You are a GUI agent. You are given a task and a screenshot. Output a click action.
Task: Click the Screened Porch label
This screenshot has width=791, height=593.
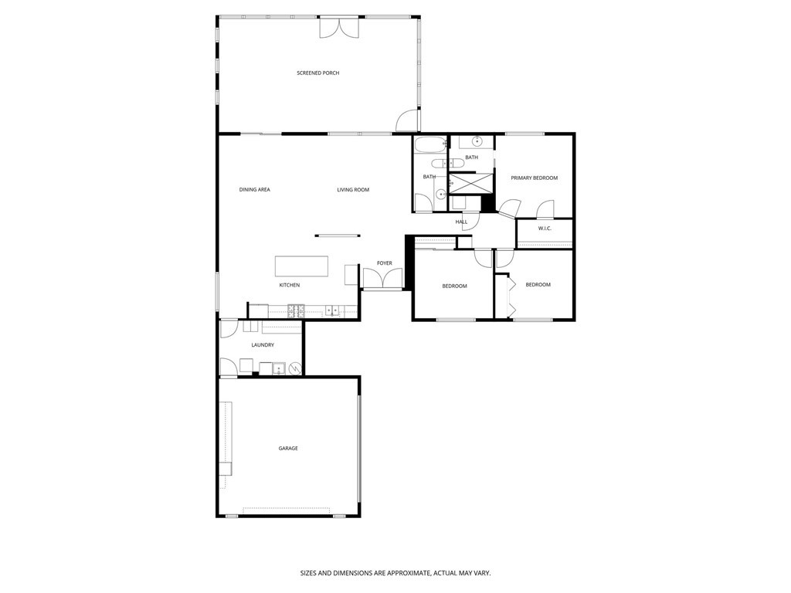coord(318,73)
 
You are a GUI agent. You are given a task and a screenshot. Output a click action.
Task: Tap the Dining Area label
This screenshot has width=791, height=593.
coord(254,189)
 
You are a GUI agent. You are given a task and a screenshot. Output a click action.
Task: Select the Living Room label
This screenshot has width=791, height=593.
coord(353,189)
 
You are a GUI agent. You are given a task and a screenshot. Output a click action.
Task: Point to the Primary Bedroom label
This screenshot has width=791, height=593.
coord(534,178)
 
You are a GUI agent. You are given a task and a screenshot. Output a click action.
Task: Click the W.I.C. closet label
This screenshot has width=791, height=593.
coord(545,229)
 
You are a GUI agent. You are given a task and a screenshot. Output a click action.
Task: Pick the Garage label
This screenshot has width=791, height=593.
coord(288,448)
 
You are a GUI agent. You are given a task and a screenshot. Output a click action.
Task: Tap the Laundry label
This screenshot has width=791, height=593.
coord(263,345)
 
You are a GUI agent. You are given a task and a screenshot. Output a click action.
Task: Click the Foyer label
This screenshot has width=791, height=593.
coord(384,263)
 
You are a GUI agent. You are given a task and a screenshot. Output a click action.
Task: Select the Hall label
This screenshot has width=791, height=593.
coord(461,222)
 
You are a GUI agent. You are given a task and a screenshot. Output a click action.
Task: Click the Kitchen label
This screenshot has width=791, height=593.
coord(290,285)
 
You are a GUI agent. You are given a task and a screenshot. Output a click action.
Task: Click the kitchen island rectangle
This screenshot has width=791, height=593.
coord(301,266)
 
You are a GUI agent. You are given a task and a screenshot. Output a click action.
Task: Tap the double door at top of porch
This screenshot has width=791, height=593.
coord(340,27)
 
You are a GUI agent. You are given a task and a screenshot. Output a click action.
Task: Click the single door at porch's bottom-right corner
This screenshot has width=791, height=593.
coord(407,122)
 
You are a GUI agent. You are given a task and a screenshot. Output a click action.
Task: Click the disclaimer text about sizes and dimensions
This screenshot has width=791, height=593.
coord(395,573)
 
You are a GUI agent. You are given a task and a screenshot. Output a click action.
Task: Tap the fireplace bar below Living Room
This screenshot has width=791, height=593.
coord(337,236)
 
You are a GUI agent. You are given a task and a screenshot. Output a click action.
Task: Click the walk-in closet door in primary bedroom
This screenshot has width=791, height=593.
coord(545,209)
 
